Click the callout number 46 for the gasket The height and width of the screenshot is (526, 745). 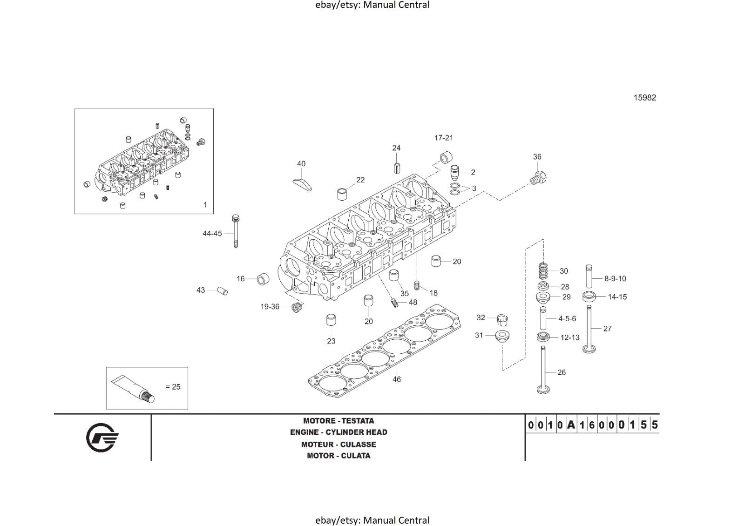pyautogui.click(x=396, y=379)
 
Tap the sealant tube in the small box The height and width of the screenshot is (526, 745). pyautogui.click(x=133, y=389)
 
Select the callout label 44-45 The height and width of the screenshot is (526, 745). pyautogui.click(x=212, y=234)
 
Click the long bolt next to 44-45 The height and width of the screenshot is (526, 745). pyautogui.click(x=236, y=231)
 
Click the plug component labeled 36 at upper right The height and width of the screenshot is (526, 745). pyautogui.click(x=538, y=178)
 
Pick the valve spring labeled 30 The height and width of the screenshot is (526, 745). pyautogui.click(x=543, y=271)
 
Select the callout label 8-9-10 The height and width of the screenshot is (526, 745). pyautogui.click(x=615, y=279)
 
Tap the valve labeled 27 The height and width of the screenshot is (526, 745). pyautogui.click(x=589, y=328)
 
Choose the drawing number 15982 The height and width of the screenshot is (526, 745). pyautogui.click(x=644, y=98)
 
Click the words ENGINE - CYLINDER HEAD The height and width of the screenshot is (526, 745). pyautogui.click(x=339, y=432)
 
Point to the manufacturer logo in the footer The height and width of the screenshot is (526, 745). pyautogui.click(x=102, y=438)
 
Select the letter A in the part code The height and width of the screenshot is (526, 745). pyautogui.click(x=571, y=425)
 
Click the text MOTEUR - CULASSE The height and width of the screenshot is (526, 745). pyautogui.click(x=339, y=445)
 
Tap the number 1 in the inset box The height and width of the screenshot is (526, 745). pyautogui.click(x=205, y=205)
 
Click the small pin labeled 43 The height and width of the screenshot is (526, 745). pyautogui.click(x=223, y=291)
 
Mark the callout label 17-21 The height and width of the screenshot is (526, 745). pyautogui.click(x=443, y=138)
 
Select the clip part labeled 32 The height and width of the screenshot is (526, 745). pyautogui.click(x=501, y=319)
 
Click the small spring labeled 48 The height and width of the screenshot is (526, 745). pyautogui.click(x=394, y=302)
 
